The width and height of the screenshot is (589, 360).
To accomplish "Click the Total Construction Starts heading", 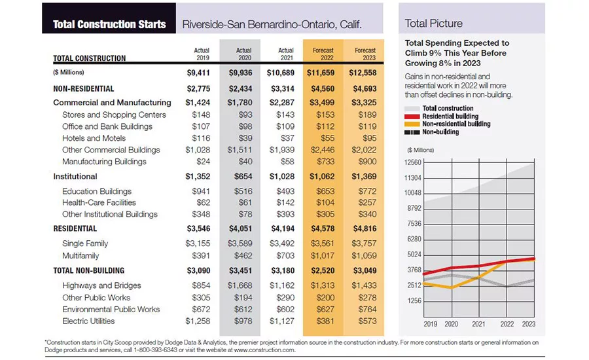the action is [109, 24].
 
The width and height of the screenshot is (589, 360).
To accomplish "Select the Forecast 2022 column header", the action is [323, 54].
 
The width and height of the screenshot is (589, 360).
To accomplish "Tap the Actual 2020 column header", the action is [243, 54].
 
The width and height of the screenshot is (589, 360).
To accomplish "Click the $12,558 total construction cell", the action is [363, 73].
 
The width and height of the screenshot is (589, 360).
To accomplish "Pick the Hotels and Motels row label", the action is [94, 138].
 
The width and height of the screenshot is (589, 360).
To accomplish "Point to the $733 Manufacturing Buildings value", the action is [325, 162].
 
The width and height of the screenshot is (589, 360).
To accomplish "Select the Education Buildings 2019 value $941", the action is [201, 191].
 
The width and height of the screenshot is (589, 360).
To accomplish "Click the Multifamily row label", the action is [80, 256].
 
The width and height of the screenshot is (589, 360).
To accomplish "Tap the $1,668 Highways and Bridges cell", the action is [240, 285].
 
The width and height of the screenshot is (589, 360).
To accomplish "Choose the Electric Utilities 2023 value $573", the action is [367, 321].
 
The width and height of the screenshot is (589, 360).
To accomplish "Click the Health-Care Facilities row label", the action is [99, 202].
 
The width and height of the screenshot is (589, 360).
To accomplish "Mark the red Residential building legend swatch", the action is [412, 117].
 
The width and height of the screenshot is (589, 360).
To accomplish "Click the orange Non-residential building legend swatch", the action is [412, 124].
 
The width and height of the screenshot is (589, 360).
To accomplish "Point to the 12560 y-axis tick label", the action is [413, 162].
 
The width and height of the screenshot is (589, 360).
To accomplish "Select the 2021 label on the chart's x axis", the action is [478, 324].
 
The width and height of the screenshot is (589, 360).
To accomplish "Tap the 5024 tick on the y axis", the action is [414, 255].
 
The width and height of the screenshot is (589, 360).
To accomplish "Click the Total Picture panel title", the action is [433, 24].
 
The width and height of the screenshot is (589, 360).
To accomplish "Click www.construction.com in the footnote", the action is [264, 350].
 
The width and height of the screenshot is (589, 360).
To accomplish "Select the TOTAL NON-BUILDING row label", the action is [88, 270].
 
